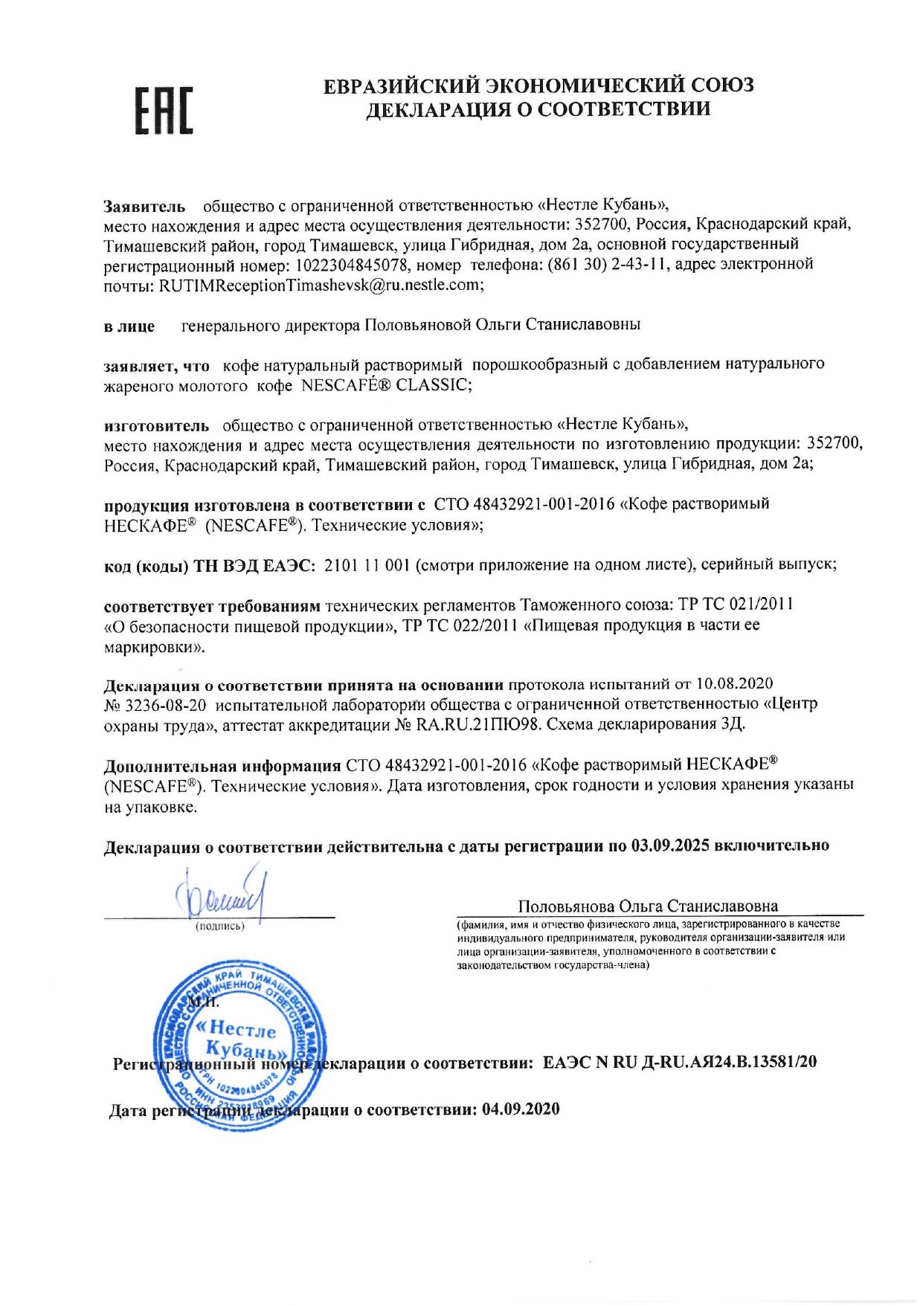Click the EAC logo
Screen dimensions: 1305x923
tap(164, 110)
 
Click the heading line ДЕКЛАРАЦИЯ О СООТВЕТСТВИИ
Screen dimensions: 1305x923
tap(538, 109)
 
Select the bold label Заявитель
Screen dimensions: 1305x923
tap(144, 206)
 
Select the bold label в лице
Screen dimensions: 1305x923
tap(129, 326)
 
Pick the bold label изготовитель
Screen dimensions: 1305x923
tap(156, 425)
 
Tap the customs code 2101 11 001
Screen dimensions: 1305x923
tap(367, 564)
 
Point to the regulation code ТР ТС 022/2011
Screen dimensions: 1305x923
tap(460, 625)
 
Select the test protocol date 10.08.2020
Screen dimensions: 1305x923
tap(734, 683)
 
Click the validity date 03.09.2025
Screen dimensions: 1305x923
tap(669, 845)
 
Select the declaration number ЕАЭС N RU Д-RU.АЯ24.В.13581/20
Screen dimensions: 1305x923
tap(679, 1062)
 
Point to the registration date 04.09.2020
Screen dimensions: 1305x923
tap(521, 1109)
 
